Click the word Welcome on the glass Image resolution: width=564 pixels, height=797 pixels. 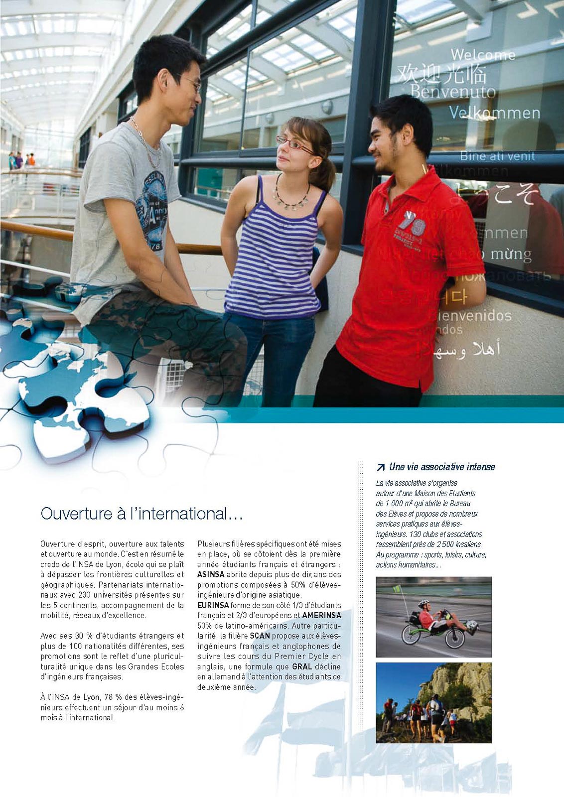(483, 55)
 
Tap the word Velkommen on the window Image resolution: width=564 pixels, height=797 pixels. (494, 113)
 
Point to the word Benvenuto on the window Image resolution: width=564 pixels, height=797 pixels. (453, 92)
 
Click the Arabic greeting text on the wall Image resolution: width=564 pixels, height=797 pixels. (458, 349)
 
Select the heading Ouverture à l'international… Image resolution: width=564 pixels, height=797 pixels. (141, 514)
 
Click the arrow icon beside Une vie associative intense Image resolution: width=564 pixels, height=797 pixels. (381, 467)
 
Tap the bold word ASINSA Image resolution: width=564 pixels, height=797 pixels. (211, 574)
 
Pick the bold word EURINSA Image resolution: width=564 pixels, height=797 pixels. (213, 605)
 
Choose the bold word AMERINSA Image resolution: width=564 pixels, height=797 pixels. (321, 615)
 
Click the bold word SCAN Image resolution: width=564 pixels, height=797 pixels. (260, 636)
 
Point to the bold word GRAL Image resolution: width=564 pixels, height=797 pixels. (302, 666)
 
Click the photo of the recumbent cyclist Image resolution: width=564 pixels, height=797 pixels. (433, 617)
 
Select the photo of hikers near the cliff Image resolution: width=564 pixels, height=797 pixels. (433, 702)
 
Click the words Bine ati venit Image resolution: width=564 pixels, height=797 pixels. (497, 156)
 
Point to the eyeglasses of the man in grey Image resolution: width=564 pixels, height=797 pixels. (191, 83)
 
